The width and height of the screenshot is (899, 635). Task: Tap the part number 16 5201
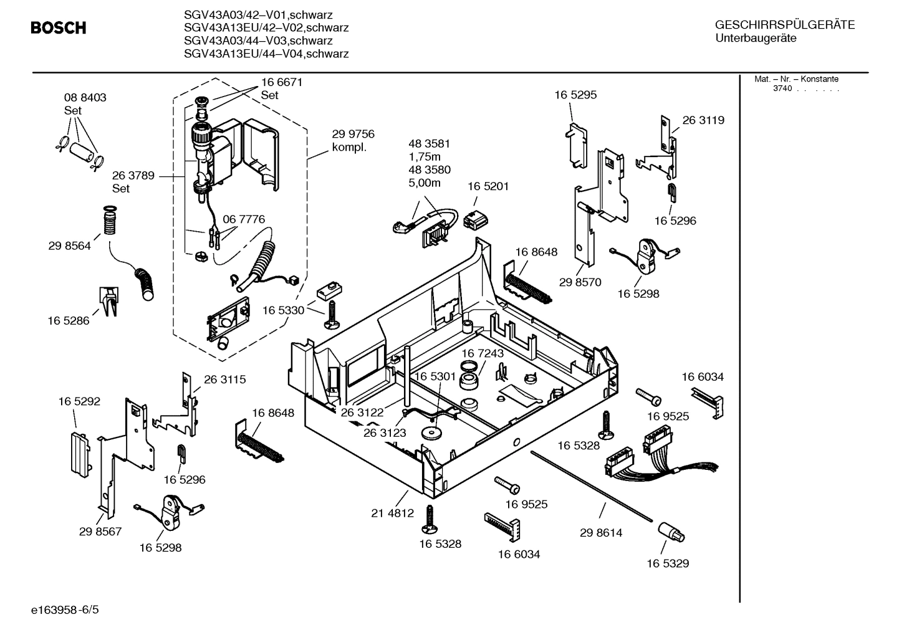click(488, 186)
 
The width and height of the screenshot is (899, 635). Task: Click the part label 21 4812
click(392, 513)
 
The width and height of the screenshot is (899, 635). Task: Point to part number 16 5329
click(667, 563)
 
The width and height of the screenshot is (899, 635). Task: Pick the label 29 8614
click(600, 533)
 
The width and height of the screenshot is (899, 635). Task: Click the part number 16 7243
click(483, 353)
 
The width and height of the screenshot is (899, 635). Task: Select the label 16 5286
click(69, 321)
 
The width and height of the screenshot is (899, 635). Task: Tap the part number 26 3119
click(703, 120)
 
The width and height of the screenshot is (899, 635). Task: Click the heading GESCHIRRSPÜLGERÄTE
click(785, 25)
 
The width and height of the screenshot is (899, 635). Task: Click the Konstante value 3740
click(782, 88)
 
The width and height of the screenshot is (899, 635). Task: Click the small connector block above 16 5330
click(330, 289)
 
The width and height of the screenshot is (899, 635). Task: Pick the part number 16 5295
click(575, 95)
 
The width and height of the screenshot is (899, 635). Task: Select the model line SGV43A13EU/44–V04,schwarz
click(266, 54)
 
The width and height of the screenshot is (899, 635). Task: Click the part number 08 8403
click(85, 97)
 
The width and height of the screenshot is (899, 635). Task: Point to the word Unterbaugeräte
click(756, 39)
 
